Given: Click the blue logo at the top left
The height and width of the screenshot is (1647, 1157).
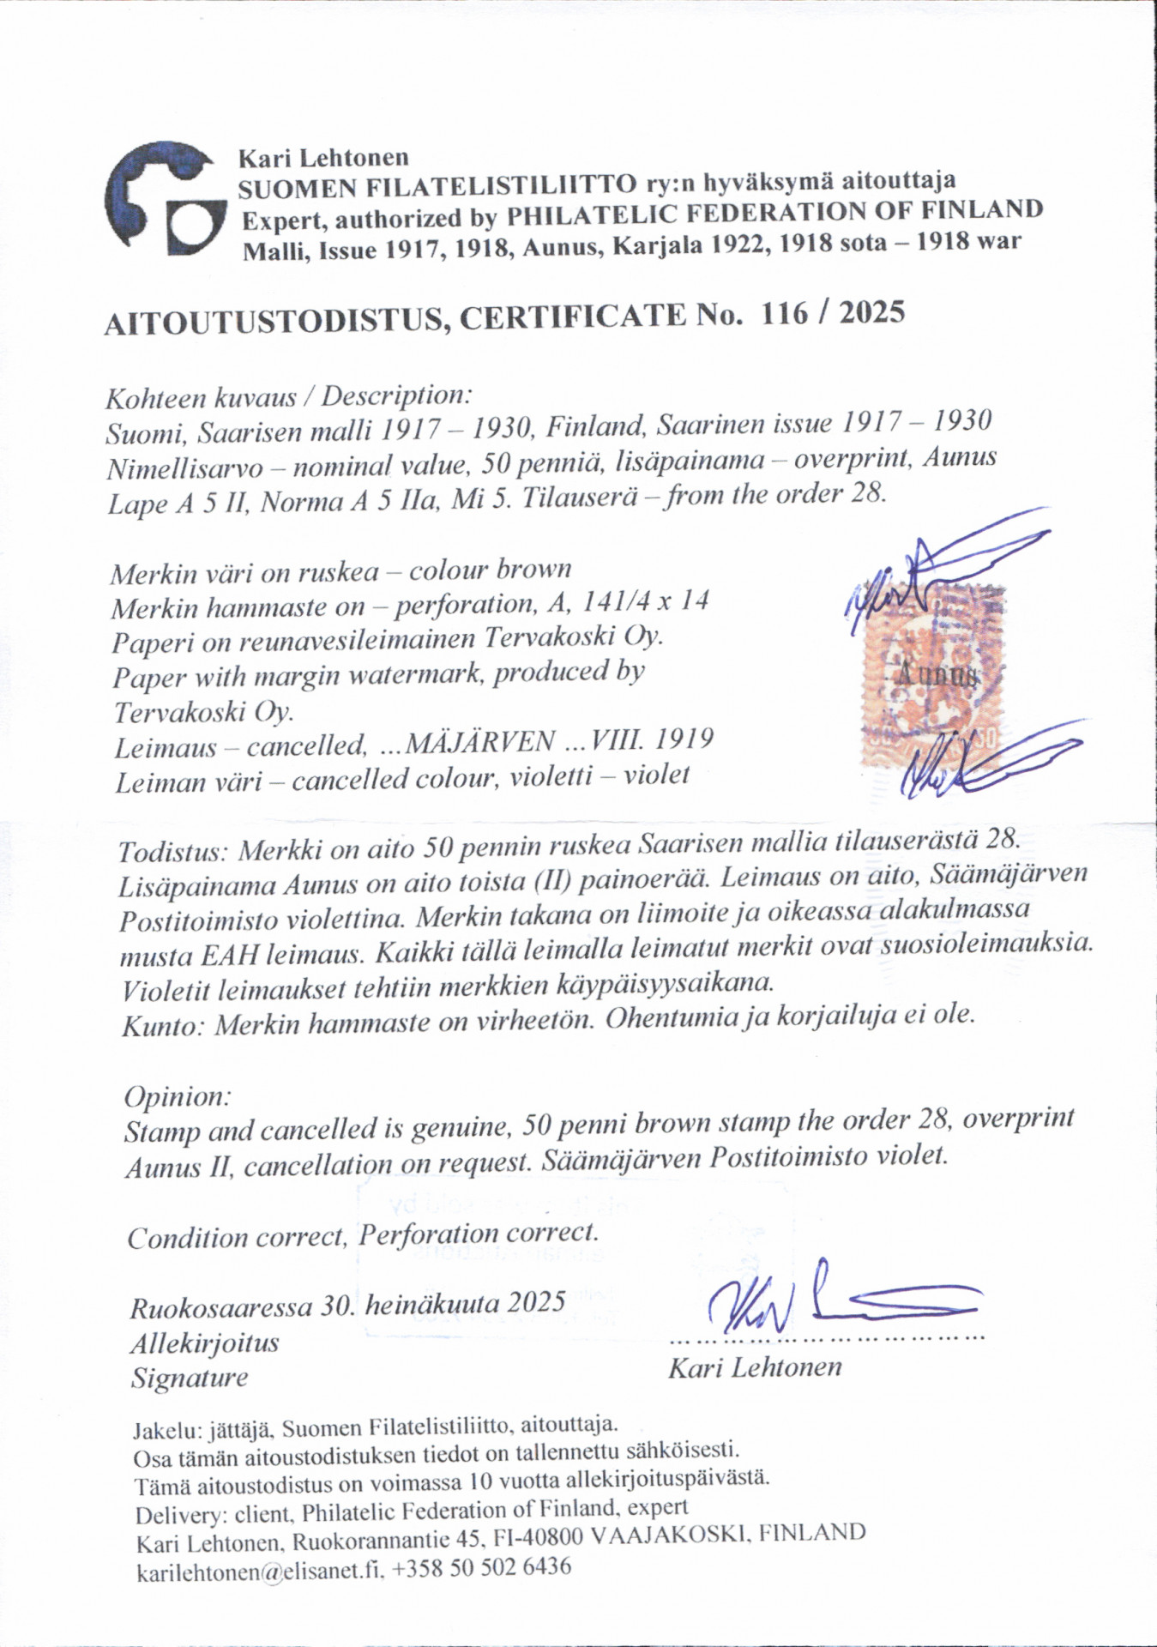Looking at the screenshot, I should click(163, 199).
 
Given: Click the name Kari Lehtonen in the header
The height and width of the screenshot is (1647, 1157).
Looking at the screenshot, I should click(323, 159).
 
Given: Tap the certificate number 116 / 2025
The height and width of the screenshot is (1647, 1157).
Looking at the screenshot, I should click(832, 313).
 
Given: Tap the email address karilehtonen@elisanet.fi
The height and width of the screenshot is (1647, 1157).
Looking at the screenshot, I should click(261, 1571).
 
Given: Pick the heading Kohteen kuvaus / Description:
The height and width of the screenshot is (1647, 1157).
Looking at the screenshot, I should click(288, 397).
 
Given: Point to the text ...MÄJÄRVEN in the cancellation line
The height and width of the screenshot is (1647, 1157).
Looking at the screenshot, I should click(463, 743).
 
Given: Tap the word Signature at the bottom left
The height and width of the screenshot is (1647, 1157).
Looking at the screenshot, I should click(190, 1379).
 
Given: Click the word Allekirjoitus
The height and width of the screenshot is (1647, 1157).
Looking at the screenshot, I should click(205, 1343).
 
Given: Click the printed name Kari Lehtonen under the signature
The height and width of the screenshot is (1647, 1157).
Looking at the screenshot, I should click(755, 1367).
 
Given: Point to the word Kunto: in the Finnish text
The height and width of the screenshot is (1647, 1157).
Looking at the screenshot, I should click(163, 1026).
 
